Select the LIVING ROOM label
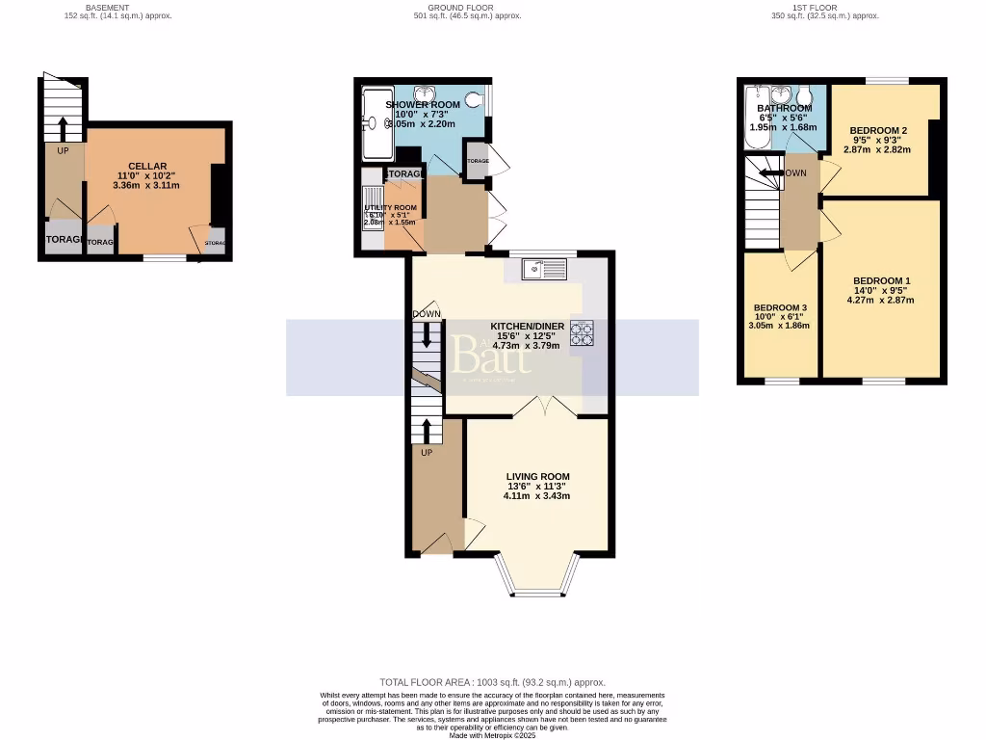coord(538,476)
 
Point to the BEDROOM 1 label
coord(879,280)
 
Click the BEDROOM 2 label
coord(877,130)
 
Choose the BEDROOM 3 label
coord(780,307)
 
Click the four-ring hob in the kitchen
coord(583,332)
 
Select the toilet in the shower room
coord(472,97)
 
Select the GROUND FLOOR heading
coord(460,8)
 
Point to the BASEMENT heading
coord(107,8)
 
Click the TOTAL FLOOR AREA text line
coord(492,682)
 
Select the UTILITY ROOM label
coord(390,208)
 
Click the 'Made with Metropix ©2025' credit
coord(492,735)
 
